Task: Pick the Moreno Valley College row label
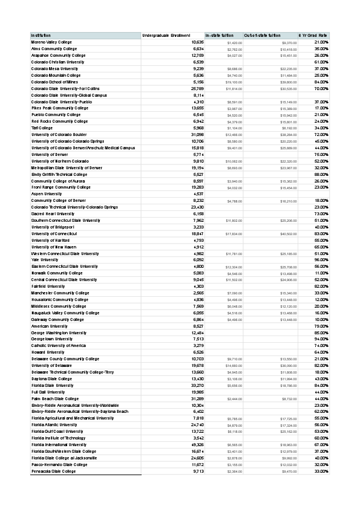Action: pyautogui.click(x=51, y=42)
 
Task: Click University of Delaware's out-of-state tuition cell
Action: pyautogui.click(x=288, y=365)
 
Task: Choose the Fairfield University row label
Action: pyautogui.click(x=47, y=286)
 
